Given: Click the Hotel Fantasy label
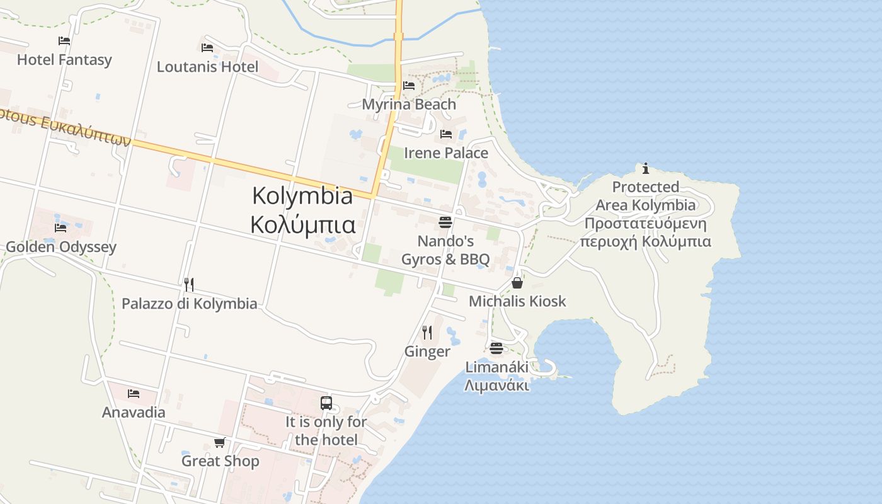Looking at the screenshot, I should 64,60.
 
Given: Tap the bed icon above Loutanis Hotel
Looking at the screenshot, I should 207,48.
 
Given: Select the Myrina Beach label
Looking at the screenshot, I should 409,104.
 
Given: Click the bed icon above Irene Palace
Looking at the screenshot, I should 446,134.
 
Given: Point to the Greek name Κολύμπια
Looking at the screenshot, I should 302,224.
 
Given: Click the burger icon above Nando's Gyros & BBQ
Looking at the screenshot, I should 445,222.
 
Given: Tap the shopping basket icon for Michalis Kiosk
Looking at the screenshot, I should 517,283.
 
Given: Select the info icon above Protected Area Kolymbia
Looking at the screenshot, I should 646,168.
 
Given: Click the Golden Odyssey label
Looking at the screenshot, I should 61,246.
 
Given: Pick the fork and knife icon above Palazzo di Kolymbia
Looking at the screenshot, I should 189,284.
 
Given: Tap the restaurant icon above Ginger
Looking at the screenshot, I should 427,332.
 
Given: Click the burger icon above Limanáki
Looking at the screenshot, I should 496,348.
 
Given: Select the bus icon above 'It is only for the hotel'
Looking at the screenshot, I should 326,403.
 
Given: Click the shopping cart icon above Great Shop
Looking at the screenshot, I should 220,442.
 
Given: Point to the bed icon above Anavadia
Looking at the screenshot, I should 134,394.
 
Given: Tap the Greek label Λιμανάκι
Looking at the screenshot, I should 496,385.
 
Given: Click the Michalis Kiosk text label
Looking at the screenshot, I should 517,301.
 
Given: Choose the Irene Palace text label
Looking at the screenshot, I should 446,153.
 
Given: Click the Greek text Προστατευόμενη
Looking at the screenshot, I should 646,224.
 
